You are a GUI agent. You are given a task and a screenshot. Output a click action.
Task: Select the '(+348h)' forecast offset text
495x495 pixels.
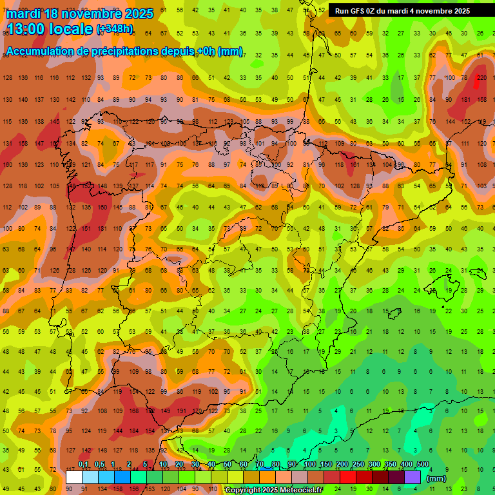[115, 29]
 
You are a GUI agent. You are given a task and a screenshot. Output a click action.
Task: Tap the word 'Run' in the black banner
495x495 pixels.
[342, 11]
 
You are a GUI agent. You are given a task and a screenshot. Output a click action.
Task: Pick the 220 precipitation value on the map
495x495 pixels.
[481, 78]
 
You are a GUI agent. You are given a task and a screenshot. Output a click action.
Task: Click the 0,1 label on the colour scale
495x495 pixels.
[83, 465]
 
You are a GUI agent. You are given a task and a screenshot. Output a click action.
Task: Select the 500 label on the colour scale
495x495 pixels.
[423, 465]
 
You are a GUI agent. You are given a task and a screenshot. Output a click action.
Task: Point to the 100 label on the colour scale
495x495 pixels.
[309, 465]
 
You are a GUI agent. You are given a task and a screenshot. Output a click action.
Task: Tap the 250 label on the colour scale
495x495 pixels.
[358, 465]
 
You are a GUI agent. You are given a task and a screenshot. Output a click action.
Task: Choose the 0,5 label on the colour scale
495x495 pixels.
[99, 465]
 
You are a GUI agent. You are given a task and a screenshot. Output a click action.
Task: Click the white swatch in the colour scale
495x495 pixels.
[74, 477]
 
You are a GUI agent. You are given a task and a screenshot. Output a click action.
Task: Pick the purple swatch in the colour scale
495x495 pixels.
[412, 477]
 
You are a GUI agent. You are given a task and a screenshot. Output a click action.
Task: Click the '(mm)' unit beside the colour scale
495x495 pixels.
[436, 478]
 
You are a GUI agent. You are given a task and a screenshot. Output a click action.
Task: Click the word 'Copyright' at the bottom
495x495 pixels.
[244, 490]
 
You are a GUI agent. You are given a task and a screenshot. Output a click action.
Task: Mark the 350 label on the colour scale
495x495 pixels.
[391, 465]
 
